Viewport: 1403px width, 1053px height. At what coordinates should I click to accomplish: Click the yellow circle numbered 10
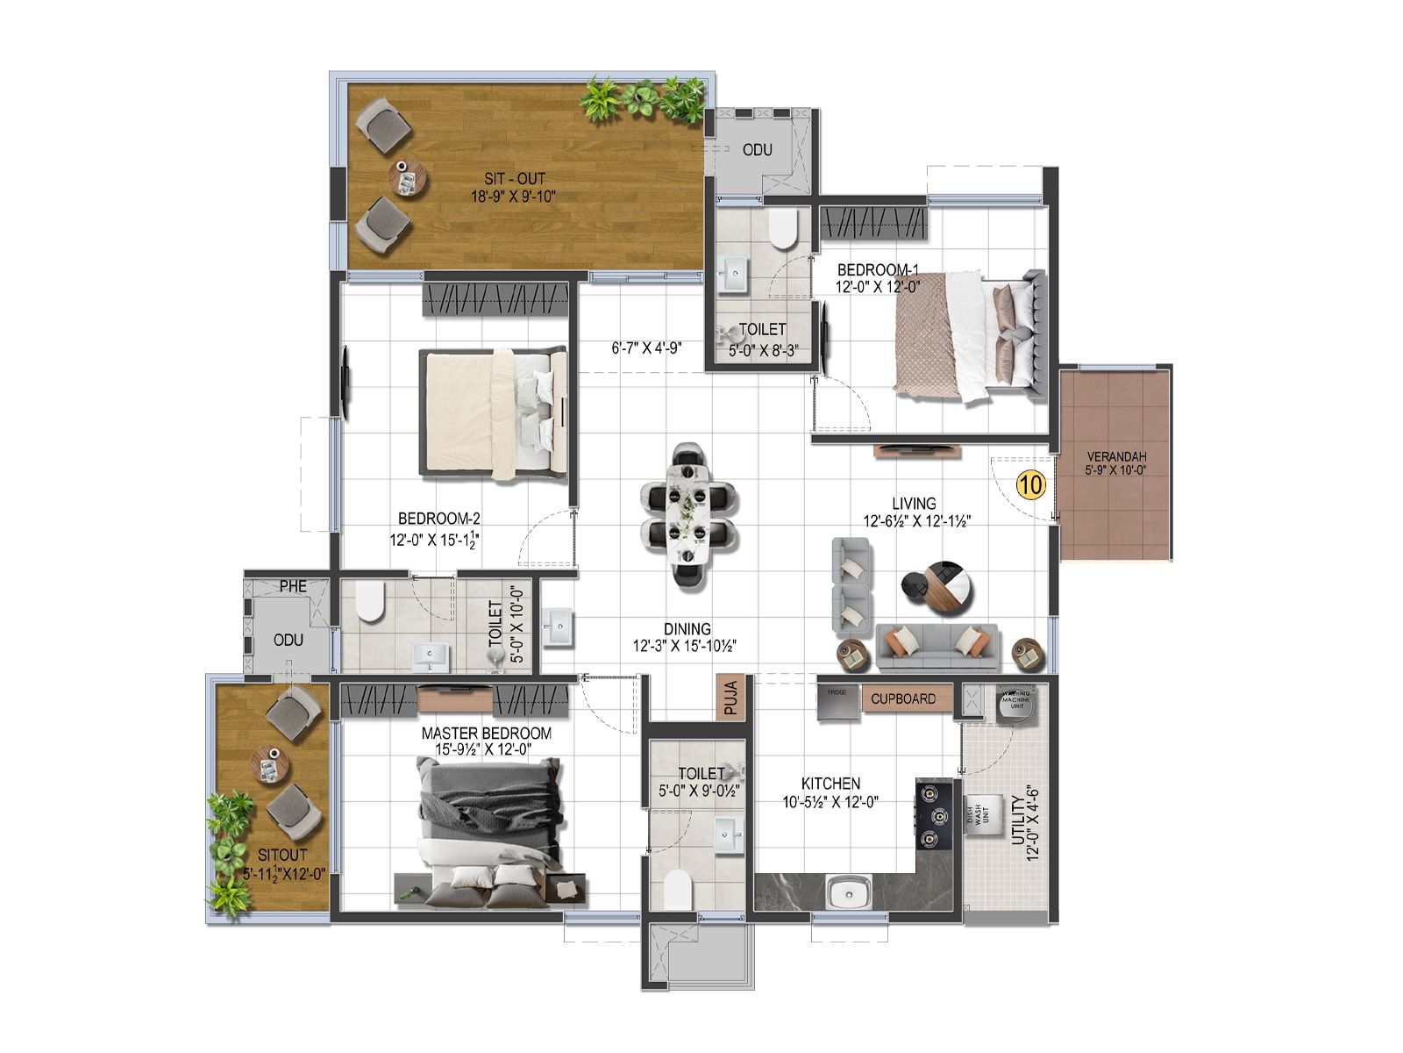point(1032,484)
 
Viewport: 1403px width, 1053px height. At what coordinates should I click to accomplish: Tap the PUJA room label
point(731,698)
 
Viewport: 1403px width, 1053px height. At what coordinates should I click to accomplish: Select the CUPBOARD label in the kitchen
point(903,699)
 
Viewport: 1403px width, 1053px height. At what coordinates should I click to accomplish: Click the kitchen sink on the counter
point(848,893)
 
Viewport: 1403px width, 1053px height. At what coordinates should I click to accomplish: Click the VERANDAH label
point(1116,457)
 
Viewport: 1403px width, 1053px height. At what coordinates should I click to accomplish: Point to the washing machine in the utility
point(1017,704)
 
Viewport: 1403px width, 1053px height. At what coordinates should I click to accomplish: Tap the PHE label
point(293,585)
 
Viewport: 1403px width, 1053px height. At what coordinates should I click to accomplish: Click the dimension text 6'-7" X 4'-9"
point(647,347)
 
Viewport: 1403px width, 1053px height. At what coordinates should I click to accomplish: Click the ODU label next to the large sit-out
point(757,150)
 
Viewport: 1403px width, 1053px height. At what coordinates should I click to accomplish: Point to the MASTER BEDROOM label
point(486,734)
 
